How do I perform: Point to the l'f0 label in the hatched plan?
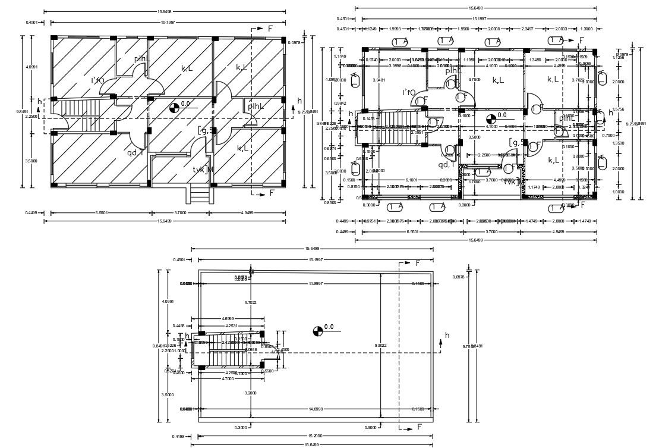(x=97, y=80)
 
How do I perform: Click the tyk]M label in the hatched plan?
(x=203, y=170)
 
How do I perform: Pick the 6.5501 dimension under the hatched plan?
(x=100, y=213)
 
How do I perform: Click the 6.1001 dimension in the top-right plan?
(x=411, y=180)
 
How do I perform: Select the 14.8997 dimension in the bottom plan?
(x=315, y=283)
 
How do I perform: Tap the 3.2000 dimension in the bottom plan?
(x=251, y=393)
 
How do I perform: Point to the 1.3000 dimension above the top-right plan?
(x=586, y=29)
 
